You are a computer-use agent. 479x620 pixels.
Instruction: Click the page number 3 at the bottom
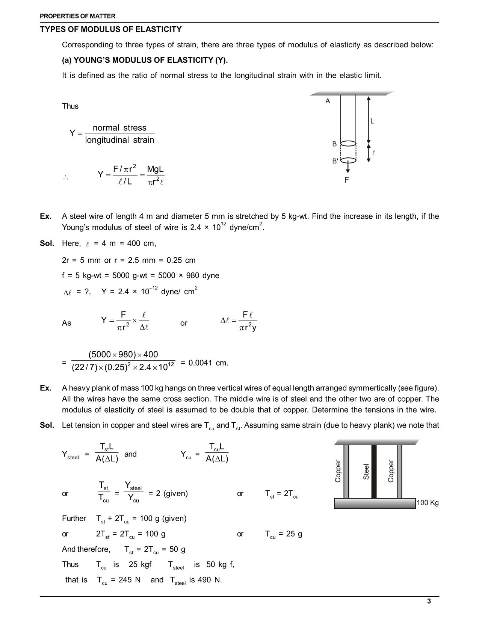[429, 601]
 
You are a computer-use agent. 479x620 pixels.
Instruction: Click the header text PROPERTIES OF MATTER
[78, 16]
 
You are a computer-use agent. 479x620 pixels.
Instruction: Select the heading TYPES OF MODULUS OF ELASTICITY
[111, 29]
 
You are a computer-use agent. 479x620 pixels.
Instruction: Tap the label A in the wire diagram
[328, 101]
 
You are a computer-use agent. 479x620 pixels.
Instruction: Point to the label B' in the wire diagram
[335, 161]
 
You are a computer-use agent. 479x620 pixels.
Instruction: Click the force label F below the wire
[346, 180]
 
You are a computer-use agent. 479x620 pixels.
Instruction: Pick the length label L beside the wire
[372, 121]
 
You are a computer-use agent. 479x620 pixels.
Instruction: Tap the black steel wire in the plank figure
[374, 471]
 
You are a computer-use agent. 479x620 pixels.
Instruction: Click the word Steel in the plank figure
[366, 471]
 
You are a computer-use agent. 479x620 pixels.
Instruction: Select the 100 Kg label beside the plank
[428, 503]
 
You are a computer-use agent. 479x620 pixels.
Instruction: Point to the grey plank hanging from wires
[375, 503]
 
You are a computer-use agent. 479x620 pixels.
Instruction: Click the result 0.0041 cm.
[208, 363]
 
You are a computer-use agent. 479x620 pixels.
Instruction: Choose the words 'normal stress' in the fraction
[119, 128]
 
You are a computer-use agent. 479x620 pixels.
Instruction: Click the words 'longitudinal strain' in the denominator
[119, 140]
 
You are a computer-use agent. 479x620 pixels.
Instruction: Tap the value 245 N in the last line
[129, 580]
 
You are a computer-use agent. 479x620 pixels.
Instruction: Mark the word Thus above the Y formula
[70, 106]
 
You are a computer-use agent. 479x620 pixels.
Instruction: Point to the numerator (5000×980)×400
[123, 354]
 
